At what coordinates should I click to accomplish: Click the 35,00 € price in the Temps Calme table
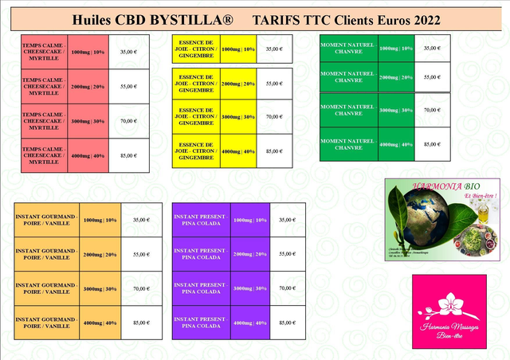click(128, 52)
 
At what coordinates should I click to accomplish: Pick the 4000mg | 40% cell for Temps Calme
click(88, 156)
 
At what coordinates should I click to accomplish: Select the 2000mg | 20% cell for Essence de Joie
click(237, 84)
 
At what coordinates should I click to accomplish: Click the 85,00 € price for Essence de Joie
click(273, 151)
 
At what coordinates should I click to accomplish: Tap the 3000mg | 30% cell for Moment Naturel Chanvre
click(395, 110)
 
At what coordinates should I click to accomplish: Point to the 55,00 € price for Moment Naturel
click(432, 77)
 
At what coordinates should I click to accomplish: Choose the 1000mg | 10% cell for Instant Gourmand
click(100, 220)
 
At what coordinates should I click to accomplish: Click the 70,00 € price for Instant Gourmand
click(141, 289)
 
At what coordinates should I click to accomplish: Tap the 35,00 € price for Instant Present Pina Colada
click(287, 220)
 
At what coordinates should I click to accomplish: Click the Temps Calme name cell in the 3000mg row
click(44, 121)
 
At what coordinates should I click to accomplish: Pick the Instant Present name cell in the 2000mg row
click(200, 254)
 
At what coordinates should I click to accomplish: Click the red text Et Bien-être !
click(480, 195)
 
